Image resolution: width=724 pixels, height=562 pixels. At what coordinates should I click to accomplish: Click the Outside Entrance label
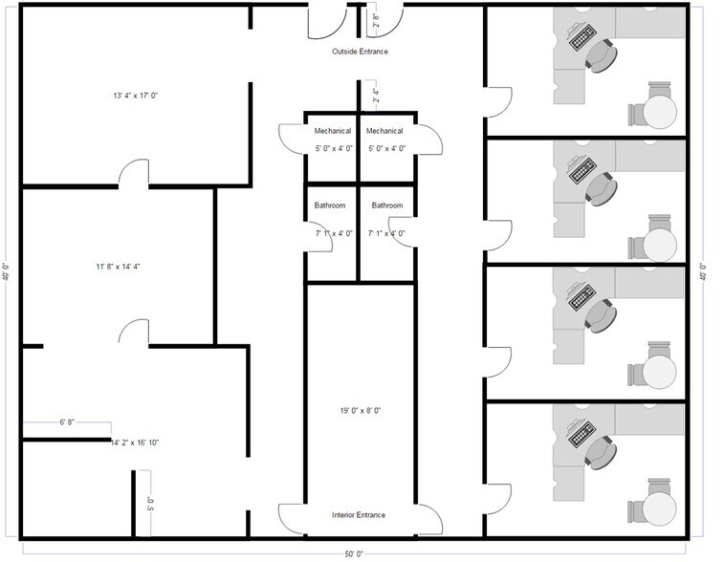tap(360, 51)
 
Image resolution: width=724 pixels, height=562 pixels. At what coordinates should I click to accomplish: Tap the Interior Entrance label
tap(359, 515)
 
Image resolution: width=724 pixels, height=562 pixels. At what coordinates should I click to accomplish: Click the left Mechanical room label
tap(332, 131)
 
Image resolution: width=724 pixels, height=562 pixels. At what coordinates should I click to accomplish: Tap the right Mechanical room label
tap(384, 131)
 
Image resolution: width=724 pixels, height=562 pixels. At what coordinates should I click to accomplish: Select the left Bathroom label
tap(330, 205)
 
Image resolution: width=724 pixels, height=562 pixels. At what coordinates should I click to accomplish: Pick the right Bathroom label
tap(387, 205)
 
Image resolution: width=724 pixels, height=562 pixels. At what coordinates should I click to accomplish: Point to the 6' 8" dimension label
tap(68, 421)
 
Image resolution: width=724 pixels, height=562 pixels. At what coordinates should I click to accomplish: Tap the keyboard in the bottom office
tap(581, 436)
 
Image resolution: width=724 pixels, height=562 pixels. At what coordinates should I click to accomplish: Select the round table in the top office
tap(658, 111)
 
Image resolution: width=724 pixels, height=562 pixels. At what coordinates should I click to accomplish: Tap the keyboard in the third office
tap(581, 297)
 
